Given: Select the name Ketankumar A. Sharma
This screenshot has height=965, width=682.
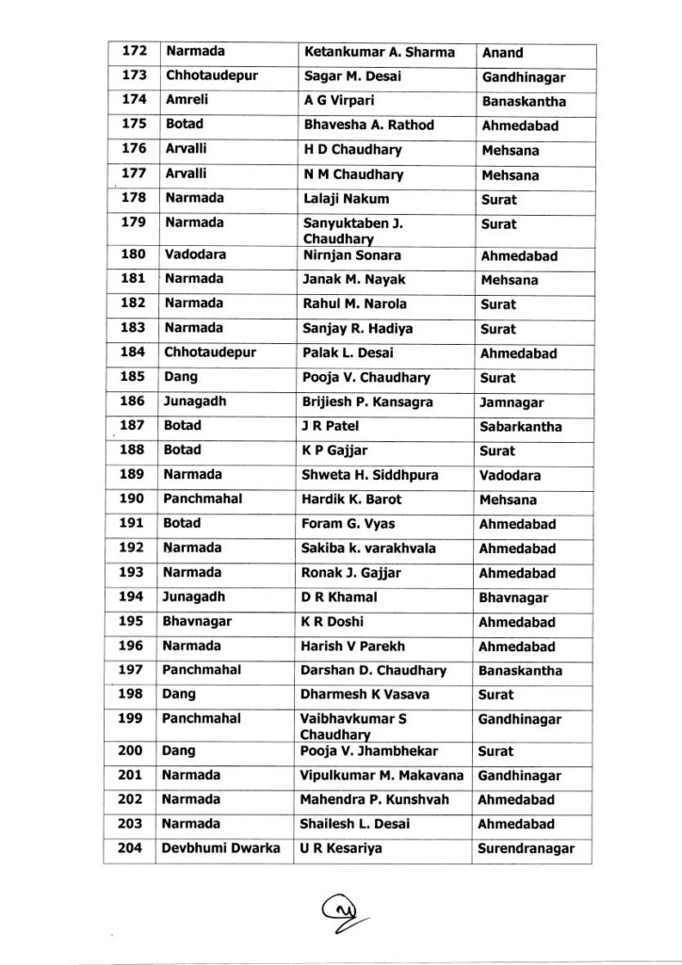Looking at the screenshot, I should coord(379,52).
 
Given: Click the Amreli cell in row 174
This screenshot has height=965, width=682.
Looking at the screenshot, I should coord(186,101).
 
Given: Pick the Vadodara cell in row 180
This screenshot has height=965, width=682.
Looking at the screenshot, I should coord(193,255).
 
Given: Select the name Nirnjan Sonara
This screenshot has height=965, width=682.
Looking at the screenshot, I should coord(352,255).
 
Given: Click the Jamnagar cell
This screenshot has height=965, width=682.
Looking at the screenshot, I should coord(510,402).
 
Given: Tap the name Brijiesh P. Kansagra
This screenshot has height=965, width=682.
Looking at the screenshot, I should coord(368,402).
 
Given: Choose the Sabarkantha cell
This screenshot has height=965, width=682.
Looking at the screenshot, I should coord(520,427).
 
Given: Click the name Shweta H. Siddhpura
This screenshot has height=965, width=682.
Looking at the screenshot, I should coord(370,475).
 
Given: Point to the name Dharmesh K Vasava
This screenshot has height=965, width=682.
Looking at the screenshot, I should coord(365,695).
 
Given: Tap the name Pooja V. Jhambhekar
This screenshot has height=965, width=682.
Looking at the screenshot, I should coord(370,751).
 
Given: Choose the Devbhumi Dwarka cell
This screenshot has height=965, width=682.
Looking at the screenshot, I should coord(220,849).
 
